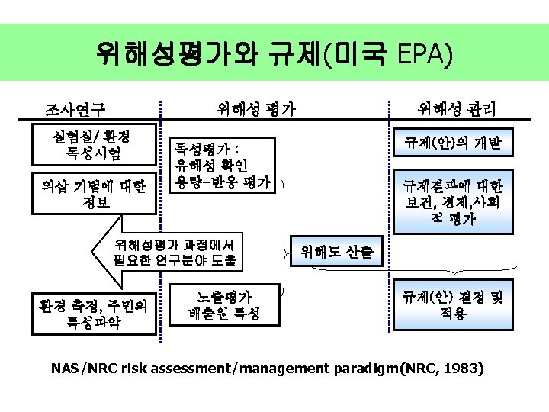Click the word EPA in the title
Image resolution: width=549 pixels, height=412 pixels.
coord(422,53)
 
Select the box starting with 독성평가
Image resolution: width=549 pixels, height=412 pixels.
coord(221,164)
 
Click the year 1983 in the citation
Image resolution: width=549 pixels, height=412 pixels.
coord(463,369)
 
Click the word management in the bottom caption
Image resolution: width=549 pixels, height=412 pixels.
coord(281,369)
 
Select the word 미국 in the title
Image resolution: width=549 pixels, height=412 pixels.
coord(357,53)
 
